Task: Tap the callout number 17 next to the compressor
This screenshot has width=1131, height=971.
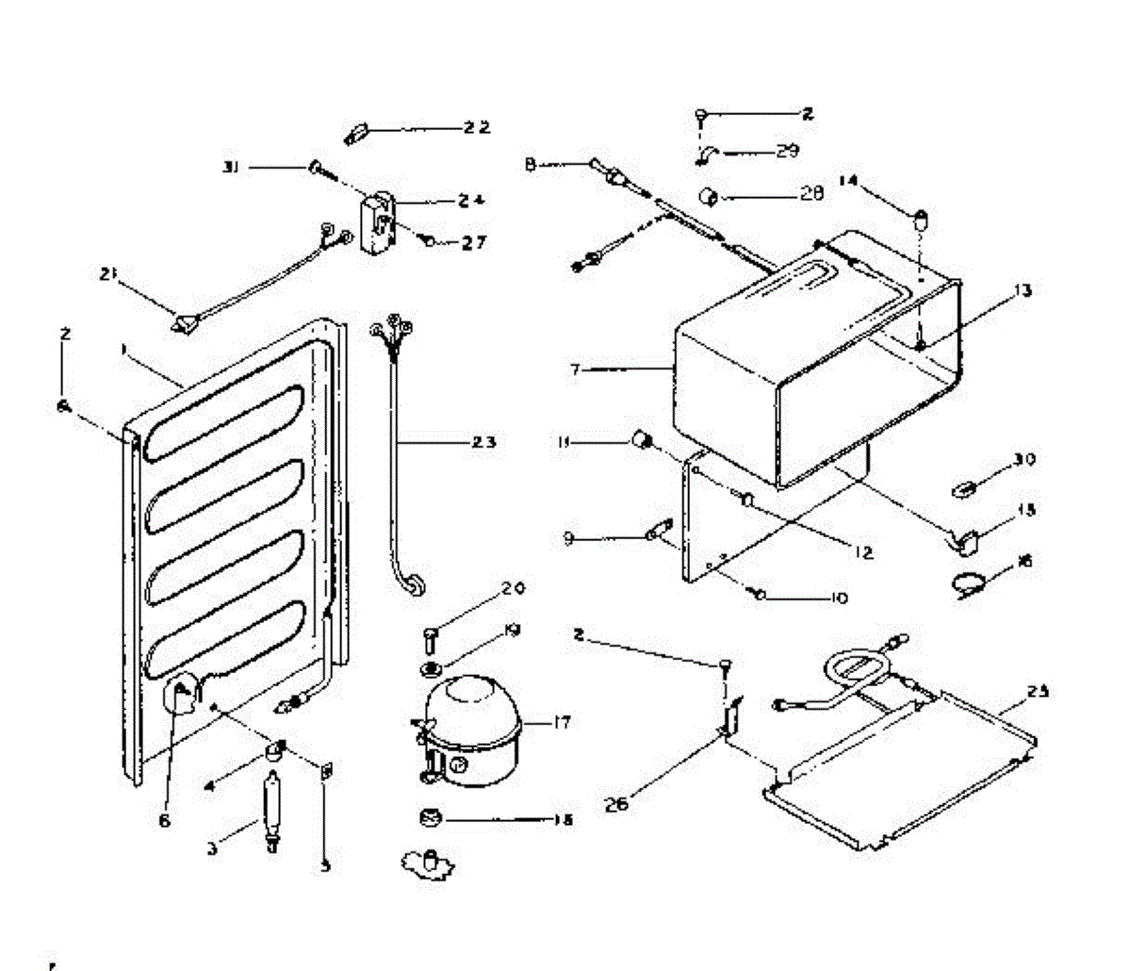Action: pyautogui.click(x=562, y=724)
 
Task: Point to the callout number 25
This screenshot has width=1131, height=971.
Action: pyautogui.click(x=1038, y=692)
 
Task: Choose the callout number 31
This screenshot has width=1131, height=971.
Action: pyautogui.click(x=230, y=167)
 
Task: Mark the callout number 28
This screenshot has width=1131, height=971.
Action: pyautogui.click(x=811, y=194)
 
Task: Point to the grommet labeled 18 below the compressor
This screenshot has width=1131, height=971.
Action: pyautogui.click(x=430, y=817)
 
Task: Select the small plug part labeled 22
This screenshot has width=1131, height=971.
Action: pyautogui.click(x=355, y=132)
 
